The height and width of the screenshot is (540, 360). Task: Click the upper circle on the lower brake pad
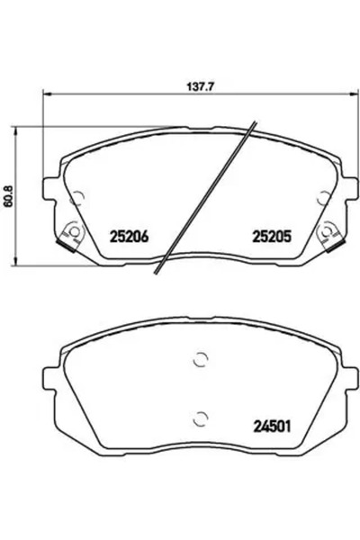tap(201, 360)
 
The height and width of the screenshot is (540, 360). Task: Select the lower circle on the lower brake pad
tap(201, 416)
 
